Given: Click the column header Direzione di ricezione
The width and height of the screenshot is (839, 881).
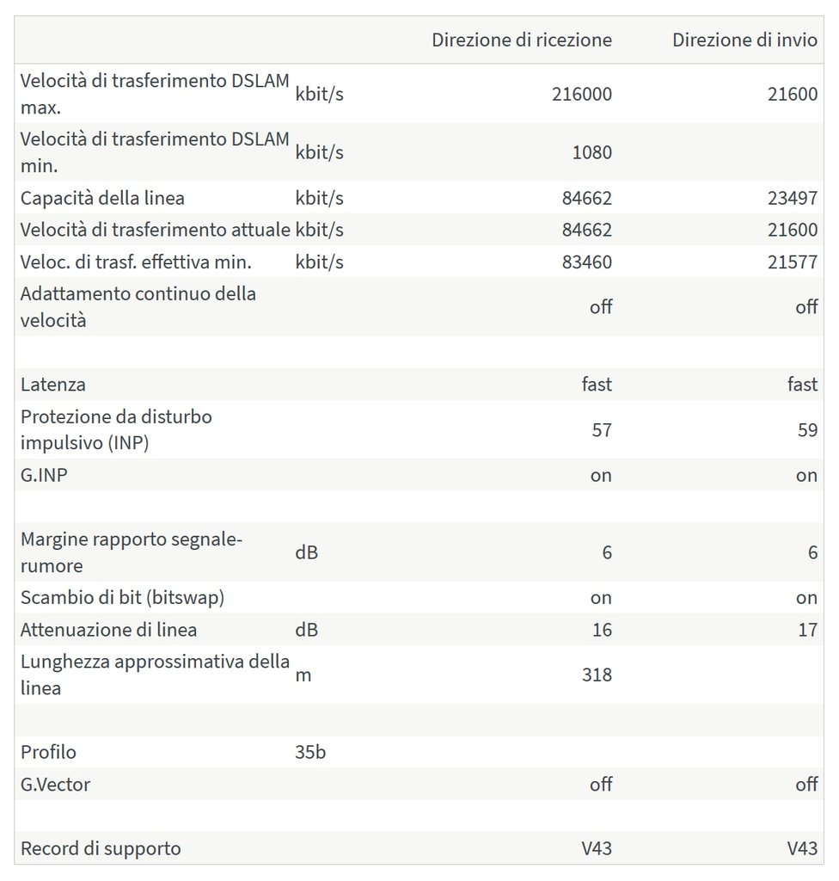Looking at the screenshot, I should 522,40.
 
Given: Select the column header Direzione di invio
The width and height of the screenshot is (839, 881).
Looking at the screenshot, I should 744,40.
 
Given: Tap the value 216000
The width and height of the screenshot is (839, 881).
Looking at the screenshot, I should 582,94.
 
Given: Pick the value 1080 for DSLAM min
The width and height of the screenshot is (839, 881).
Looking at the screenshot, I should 592,153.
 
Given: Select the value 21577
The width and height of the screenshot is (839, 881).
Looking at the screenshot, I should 793,262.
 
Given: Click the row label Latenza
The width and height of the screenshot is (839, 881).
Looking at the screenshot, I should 53,385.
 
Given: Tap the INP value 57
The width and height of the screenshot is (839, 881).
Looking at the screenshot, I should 602,429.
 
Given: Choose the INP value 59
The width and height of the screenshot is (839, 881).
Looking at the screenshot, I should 807,429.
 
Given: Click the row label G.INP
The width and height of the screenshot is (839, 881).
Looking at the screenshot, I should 44,475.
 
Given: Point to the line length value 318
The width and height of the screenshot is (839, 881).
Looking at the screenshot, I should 597,675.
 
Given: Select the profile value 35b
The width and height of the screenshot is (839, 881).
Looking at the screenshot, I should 310,752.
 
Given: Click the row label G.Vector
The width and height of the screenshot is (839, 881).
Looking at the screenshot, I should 55,785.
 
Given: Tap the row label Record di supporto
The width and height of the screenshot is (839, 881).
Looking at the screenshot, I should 101,848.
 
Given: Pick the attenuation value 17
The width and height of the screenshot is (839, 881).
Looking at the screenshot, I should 807,630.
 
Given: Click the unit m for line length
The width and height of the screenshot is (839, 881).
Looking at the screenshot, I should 303,675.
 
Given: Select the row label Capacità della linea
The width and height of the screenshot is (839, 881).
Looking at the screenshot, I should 102,198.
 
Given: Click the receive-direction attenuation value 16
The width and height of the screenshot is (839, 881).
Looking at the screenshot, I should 602,630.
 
